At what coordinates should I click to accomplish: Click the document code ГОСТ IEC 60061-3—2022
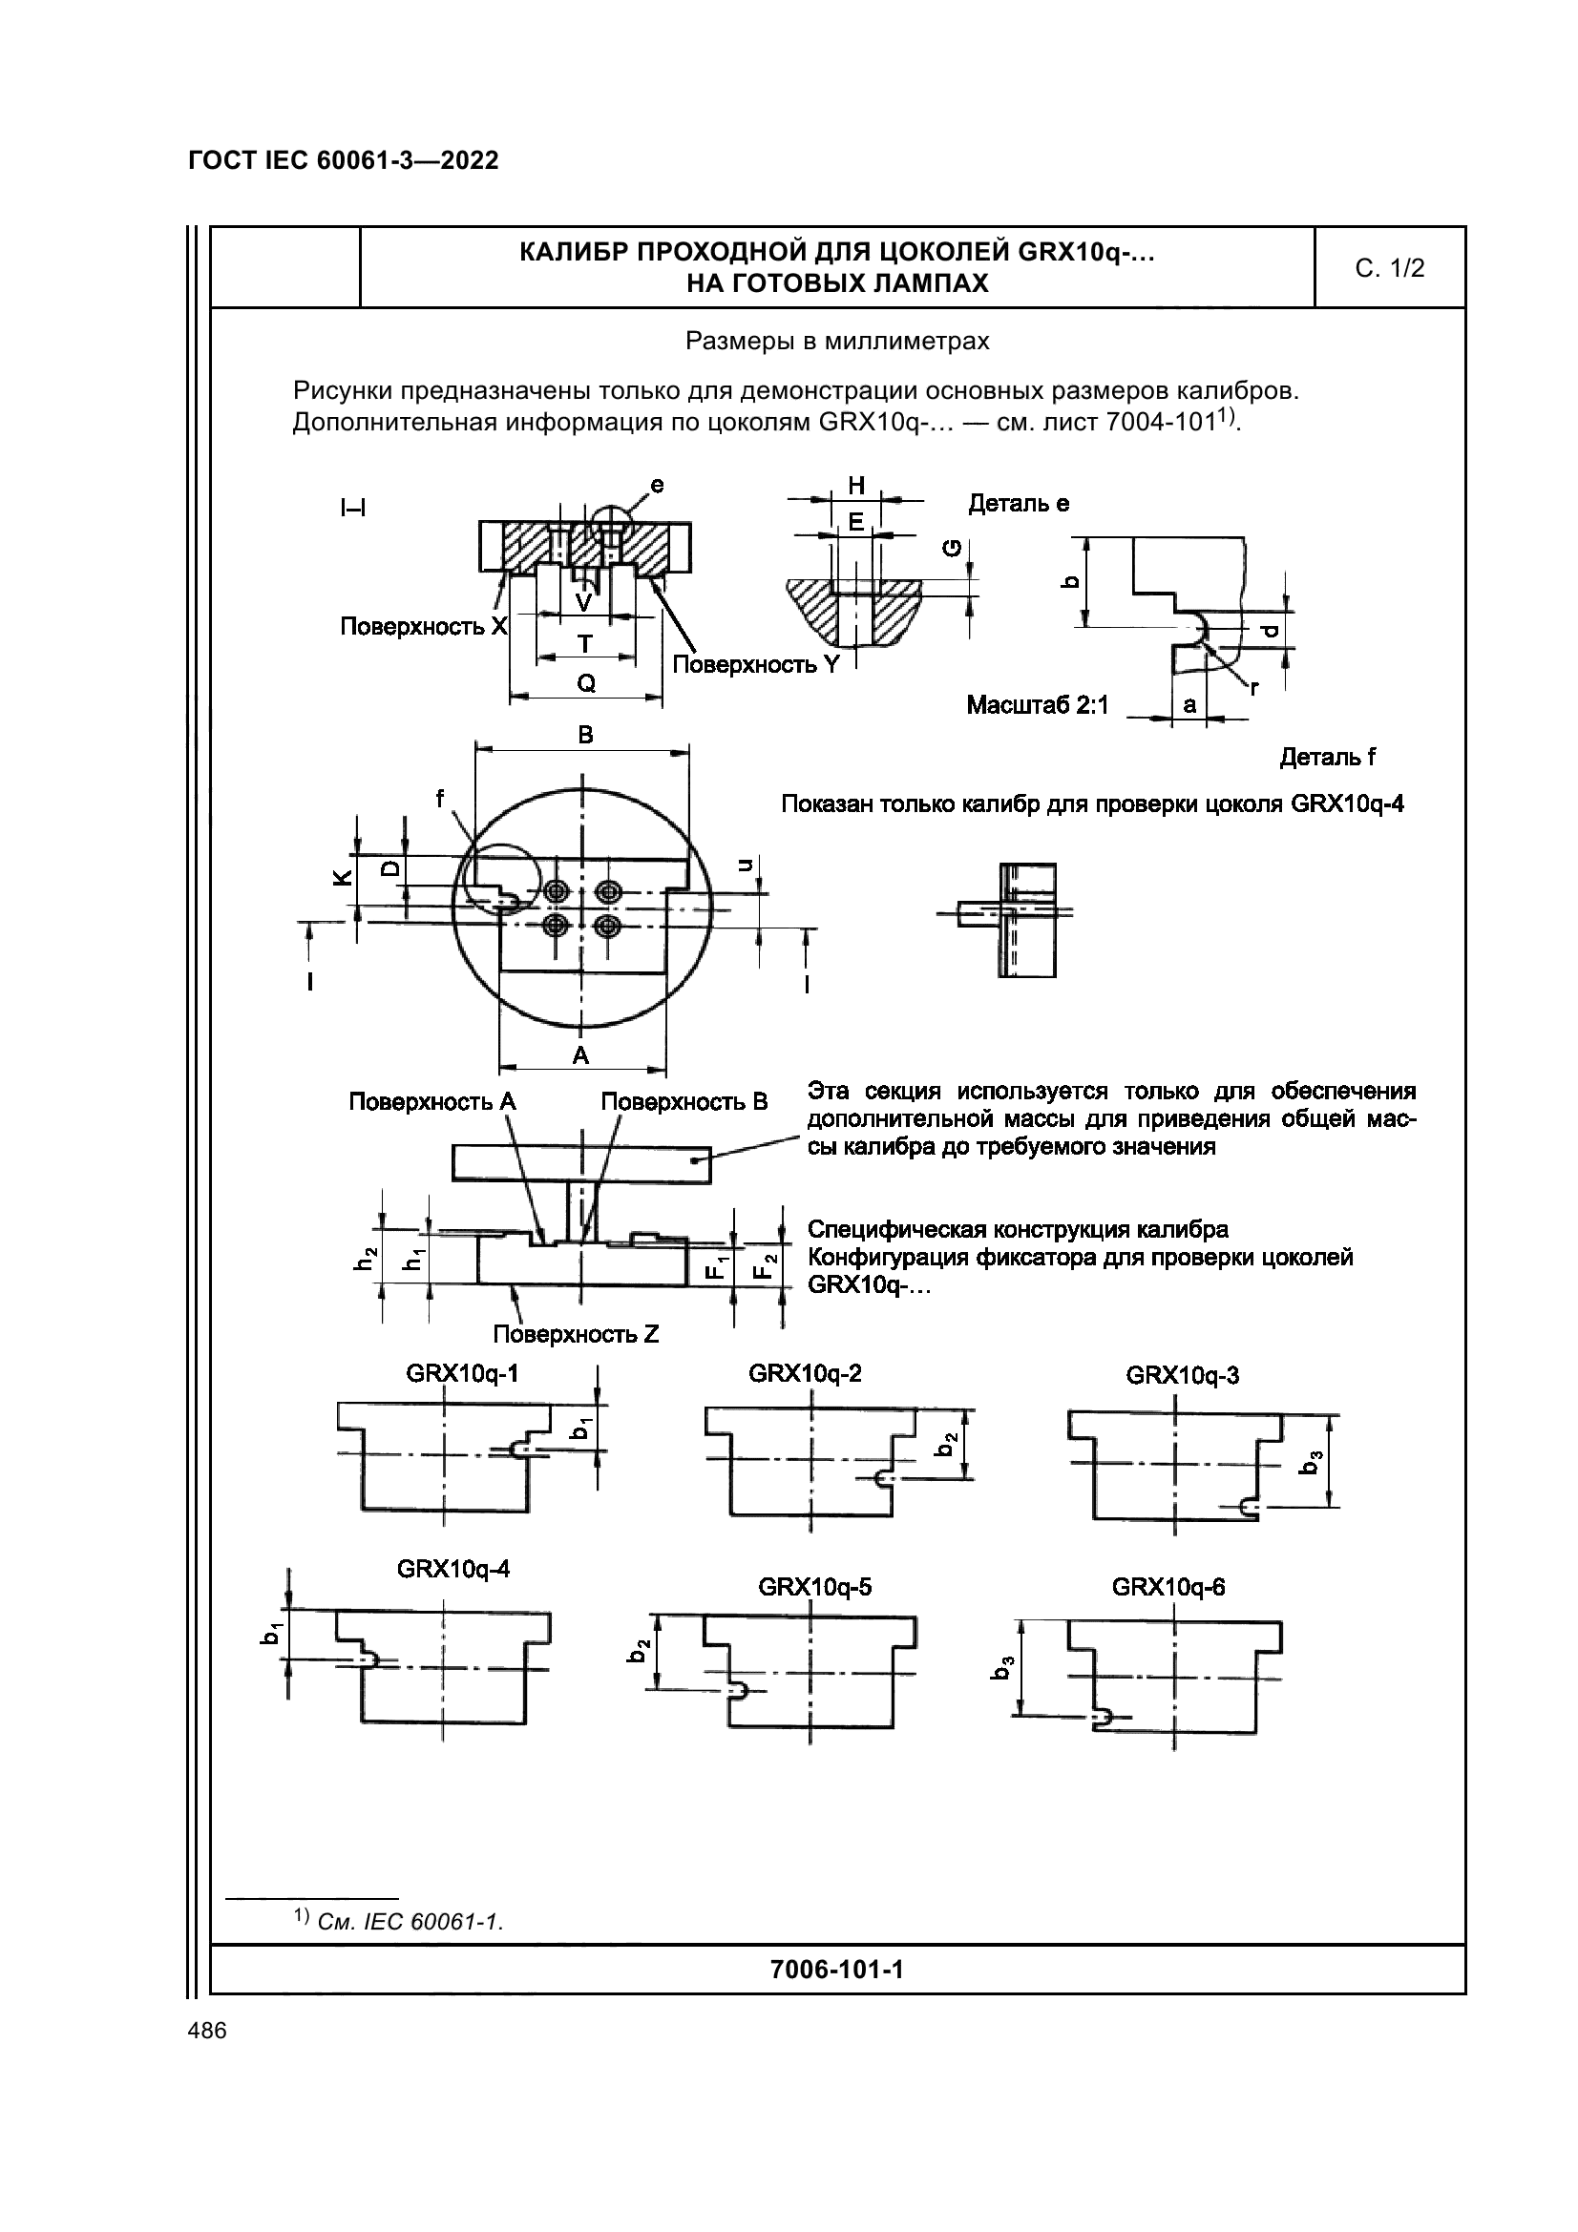(344, 161)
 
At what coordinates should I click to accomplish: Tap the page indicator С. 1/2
(1389, 268)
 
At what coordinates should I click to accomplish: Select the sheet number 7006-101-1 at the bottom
(836, 1970)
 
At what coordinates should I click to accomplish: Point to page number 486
(207, 2031)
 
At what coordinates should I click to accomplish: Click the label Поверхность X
(424, 626)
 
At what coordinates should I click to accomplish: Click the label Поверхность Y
(755, 664)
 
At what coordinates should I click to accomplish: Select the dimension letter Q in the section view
(586, 683)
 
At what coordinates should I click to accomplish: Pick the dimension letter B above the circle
(585, 735)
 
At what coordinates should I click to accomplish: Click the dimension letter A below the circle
(580, 1054)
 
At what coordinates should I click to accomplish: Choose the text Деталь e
(1019, 503)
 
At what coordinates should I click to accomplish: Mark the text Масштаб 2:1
(1038, 705)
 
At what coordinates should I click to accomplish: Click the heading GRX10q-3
(1182, 1376)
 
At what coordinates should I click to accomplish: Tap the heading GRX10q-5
(814, 1588)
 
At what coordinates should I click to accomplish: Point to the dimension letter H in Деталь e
(856, 485)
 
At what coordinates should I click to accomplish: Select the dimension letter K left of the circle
(341, 877)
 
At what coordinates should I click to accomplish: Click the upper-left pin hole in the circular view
(558, 890)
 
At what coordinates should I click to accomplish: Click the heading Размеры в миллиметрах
(837, 342)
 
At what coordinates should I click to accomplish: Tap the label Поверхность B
(684, 1101)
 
